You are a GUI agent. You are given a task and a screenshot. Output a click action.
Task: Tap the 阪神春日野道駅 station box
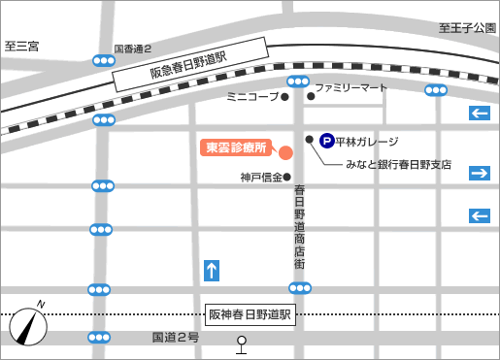point(250,315)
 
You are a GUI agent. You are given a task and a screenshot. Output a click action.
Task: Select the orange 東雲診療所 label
point(234,147)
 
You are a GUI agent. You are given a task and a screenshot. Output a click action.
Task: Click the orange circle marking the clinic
point(285,152)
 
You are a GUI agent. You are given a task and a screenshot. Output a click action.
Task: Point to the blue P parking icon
point(327,142)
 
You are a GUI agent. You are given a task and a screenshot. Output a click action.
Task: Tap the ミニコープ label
point(251,97)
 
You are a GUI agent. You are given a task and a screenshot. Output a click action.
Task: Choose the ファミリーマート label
point(350,87)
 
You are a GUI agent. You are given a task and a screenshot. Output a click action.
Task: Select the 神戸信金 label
point(261,178)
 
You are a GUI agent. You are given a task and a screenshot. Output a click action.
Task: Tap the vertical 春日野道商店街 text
point(300,225)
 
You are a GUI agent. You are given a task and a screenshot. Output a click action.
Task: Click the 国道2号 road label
point(175,338)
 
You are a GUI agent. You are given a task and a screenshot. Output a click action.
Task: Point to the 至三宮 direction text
point(21,46)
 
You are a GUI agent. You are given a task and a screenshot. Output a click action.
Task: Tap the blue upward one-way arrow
point(212,270)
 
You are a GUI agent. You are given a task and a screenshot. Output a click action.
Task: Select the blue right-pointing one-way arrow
point(479,173)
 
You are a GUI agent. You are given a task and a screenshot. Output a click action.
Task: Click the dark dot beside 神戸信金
point(287,178)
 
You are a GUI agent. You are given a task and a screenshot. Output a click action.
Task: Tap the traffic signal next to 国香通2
point(103,61)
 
